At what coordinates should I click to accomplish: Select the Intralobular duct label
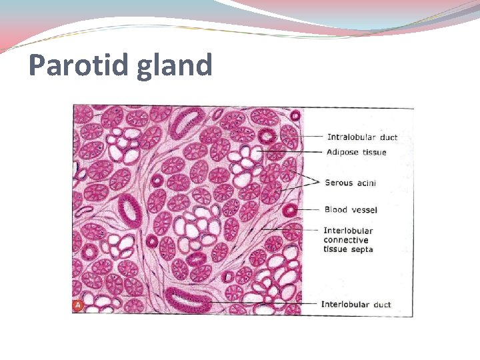coord(362,137)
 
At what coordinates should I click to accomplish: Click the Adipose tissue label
coord(356,153)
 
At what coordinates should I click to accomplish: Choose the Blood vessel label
coord(351,210)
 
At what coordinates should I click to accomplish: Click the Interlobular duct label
coord(356,305)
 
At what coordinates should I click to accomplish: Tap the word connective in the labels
coord(345,240)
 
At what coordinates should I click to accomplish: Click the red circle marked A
coord(78,305)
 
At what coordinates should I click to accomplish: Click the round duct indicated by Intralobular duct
coord(268,137)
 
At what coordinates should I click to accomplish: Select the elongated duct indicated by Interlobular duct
coord(189,300)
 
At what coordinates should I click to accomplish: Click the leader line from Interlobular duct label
coord(267,304)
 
